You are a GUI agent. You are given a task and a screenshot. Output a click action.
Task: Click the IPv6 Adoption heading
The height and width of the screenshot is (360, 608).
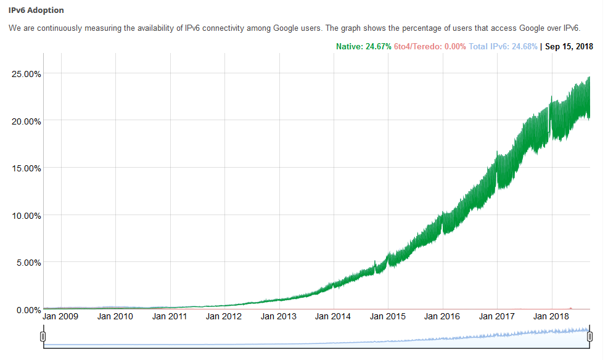coord(36,10)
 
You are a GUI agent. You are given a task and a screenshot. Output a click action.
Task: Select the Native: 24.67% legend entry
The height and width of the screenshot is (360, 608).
coord(363,46)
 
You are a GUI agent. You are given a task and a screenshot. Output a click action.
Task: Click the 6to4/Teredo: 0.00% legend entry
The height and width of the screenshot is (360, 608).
coord(430,46)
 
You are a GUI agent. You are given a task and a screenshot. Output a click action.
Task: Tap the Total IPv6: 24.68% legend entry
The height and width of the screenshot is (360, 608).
coord(503,46)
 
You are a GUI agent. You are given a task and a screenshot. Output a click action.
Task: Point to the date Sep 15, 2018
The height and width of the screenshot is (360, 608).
coord(569,46)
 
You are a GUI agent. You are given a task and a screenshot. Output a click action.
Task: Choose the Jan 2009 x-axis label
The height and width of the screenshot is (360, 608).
coord(62,316)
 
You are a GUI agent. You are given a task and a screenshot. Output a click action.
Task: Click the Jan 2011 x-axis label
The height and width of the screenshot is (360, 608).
coord(170,316)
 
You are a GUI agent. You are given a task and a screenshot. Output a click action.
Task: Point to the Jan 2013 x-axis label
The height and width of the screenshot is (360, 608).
coord(279,316)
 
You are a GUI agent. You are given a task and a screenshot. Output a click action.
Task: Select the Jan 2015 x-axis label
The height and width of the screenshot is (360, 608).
coord(388,316)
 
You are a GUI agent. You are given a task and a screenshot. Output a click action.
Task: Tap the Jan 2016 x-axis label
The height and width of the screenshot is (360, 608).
coord(442,316)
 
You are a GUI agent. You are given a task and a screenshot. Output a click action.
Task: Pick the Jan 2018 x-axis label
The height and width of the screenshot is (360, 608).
coord(551,316)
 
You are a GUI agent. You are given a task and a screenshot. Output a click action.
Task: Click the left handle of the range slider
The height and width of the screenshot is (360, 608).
coord(43,336)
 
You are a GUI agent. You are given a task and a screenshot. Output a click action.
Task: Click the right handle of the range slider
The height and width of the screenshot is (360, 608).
coord(590,336)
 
